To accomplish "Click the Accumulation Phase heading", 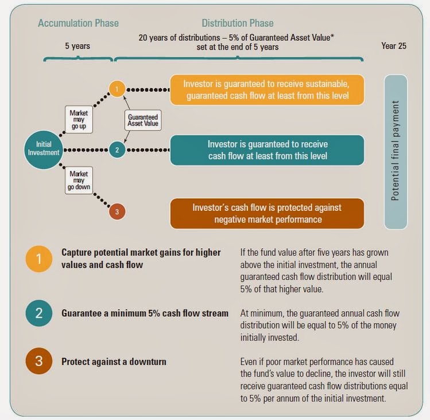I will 78,23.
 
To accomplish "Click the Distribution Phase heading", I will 237,23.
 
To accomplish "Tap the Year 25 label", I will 394,46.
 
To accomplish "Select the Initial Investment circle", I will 44,148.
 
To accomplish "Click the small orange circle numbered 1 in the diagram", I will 117,89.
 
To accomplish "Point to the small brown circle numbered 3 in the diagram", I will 117,211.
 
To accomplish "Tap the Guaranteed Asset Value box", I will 143,120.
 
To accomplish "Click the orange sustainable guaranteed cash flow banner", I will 267,90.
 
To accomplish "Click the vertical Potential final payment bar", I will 396,151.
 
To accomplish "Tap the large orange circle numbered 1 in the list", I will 39,259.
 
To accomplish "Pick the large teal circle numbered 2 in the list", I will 39,313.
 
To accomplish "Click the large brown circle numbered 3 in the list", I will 39,362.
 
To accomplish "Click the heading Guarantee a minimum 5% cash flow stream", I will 145,313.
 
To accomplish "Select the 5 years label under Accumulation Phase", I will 78,46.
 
